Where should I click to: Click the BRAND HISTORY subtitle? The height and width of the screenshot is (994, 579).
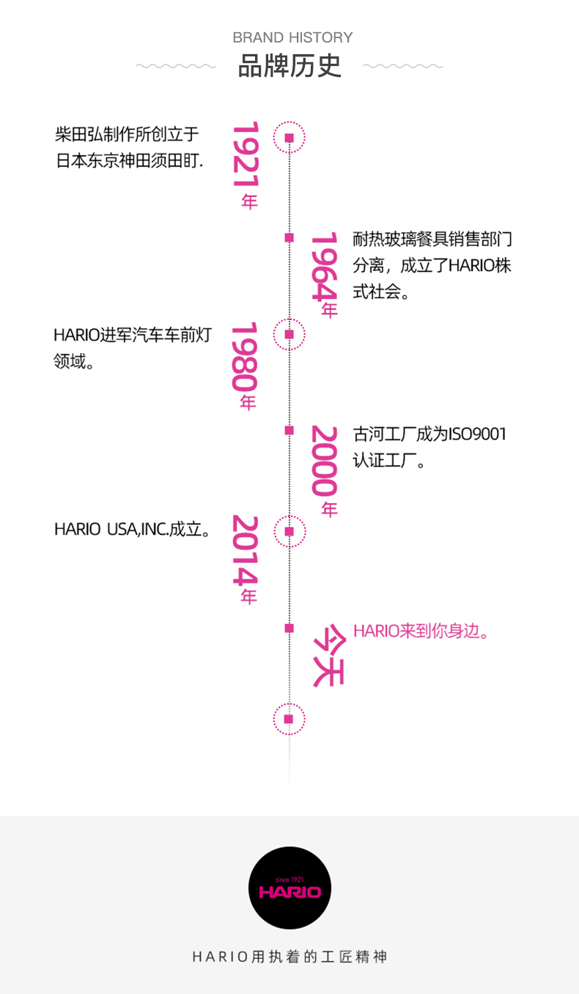coord(292,37)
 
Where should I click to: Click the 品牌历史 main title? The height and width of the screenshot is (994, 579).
coord(290,66)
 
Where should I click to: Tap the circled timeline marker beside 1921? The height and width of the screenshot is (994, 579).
coord(289,138)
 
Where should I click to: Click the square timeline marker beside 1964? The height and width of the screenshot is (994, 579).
coord(289,237)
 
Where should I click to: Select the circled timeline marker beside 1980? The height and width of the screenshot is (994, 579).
coord(289,334)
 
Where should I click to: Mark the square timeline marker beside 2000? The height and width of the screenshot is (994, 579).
coord(289,430)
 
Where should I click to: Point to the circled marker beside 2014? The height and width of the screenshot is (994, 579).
coord(289,531)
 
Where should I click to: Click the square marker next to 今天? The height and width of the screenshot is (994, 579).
coord(289,628)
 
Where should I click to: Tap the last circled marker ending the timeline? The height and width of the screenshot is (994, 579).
coord(289,719)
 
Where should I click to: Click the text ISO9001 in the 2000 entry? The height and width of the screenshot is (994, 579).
coord(477,434)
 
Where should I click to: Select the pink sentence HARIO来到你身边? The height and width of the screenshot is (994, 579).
coord(421,631)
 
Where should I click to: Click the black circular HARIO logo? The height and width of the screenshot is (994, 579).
coord(289,888)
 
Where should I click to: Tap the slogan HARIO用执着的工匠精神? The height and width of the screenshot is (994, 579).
coord(289,957)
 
